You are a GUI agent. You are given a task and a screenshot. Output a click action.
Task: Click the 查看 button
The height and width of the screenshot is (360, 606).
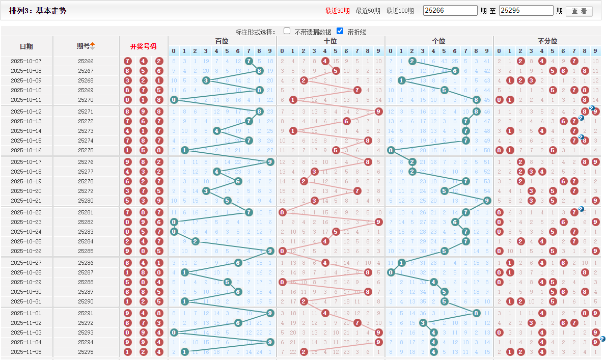579,11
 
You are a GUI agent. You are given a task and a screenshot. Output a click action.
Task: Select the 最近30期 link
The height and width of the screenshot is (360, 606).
338,11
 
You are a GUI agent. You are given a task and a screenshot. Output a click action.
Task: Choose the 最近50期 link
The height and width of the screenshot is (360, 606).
368,11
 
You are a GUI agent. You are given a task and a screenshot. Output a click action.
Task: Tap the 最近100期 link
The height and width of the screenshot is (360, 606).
400,11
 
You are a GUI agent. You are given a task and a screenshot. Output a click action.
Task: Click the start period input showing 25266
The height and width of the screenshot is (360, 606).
450,11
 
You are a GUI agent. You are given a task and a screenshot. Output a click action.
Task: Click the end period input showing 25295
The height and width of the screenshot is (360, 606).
526,11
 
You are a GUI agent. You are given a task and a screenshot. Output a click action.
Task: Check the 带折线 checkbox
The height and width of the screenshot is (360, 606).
340,31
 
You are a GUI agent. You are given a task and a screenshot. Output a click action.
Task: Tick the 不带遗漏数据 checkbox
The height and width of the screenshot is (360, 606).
287,31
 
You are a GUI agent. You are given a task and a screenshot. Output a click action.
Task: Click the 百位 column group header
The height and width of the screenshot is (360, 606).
222,41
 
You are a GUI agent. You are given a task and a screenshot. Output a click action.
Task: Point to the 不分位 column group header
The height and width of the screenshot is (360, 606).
547,41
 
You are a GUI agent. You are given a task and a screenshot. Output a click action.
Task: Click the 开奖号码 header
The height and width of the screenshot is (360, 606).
143,46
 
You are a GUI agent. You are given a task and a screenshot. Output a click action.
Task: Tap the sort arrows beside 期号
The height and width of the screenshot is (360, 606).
93,46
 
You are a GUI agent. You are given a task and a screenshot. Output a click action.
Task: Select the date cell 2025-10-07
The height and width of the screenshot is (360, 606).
26,61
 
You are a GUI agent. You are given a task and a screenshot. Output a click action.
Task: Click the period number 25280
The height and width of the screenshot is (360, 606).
86,201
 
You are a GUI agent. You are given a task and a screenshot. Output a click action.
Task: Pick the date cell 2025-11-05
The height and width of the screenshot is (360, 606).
26,352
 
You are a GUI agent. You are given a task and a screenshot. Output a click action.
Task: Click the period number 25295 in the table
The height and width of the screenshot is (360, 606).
86,352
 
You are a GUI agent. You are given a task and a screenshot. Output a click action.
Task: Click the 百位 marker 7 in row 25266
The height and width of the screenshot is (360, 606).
249,61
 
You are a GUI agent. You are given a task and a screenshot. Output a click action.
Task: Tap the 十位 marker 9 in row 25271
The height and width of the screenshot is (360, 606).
378,112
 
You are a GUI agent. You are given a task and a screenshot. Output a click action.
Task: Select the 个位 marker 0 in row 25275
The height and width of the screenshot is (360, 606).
391,150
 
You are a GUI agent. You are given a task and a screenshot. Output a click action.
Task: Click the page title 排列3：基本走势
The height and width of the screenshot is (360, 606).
38,11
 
